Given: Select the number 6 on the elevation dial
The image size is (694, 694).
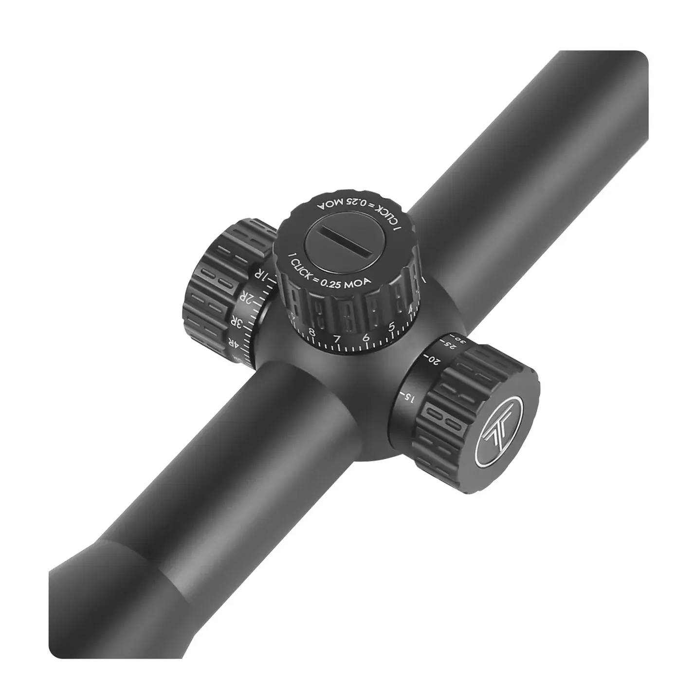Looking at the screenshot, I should (x=366, y=337).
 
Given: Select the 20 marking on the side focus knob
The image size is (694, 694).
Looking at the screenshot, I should (x=434, y=361).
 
